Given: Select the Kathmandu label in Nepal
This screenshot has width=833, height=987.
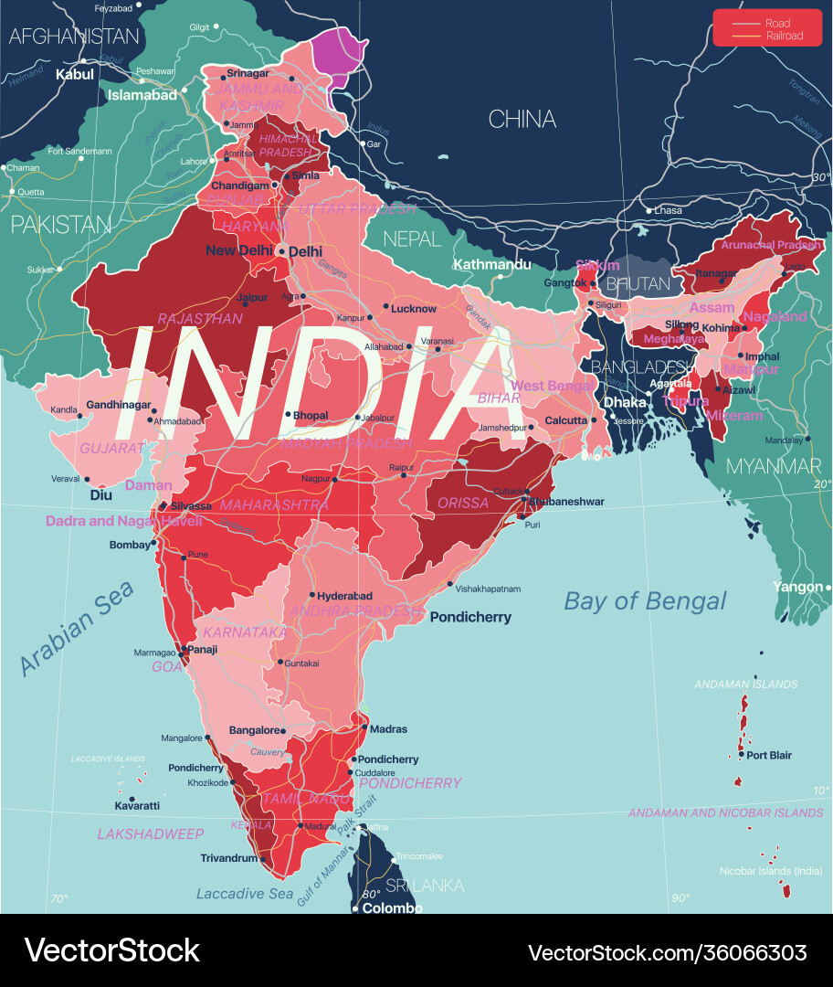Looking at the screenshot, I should click(492, 264).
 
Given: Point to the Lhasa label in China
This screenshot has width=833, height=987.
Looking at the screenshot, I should click(668, 210).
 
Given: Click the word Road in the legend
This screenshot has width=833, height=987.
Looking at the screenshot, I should click(778, 23).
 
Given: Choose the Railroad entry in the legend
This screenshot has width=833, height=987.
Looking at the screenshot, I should click(785, 36).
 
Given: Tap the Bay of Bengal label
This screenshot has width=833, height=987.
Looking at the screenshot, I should click(645, 600).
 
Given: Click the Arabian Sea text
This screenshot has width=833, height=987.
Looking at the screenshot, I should click(77, 629).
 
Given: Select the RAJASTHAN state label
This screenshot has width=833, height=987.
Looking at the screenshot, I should click(200, 319).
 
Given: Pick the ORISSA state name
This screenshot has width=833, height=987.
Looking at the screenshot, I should click(463, 503).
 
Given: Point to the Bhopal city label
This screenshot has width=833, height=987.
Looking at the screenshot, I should click(311, 415).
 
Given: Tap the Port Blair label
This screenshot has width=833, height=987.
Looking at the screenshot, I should click(769, 755).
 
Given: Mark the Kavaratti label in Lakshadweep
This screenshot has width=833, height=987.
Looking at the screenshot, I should click(137, 805).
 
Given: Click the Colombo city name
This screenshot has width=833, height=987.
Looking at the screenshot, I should click(392, 908).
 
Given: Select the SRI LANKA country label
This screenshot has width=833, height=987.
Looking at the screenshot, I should click(424, 885).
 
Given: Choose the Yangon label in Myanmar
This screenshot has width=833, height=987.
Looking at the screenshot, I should click(797, 587).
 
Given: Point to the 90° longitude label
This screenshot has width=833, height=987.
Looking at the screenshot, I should click(680, 898).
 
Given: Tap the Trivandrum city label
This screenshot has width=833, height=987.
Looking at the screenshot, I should click(228, 858).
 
